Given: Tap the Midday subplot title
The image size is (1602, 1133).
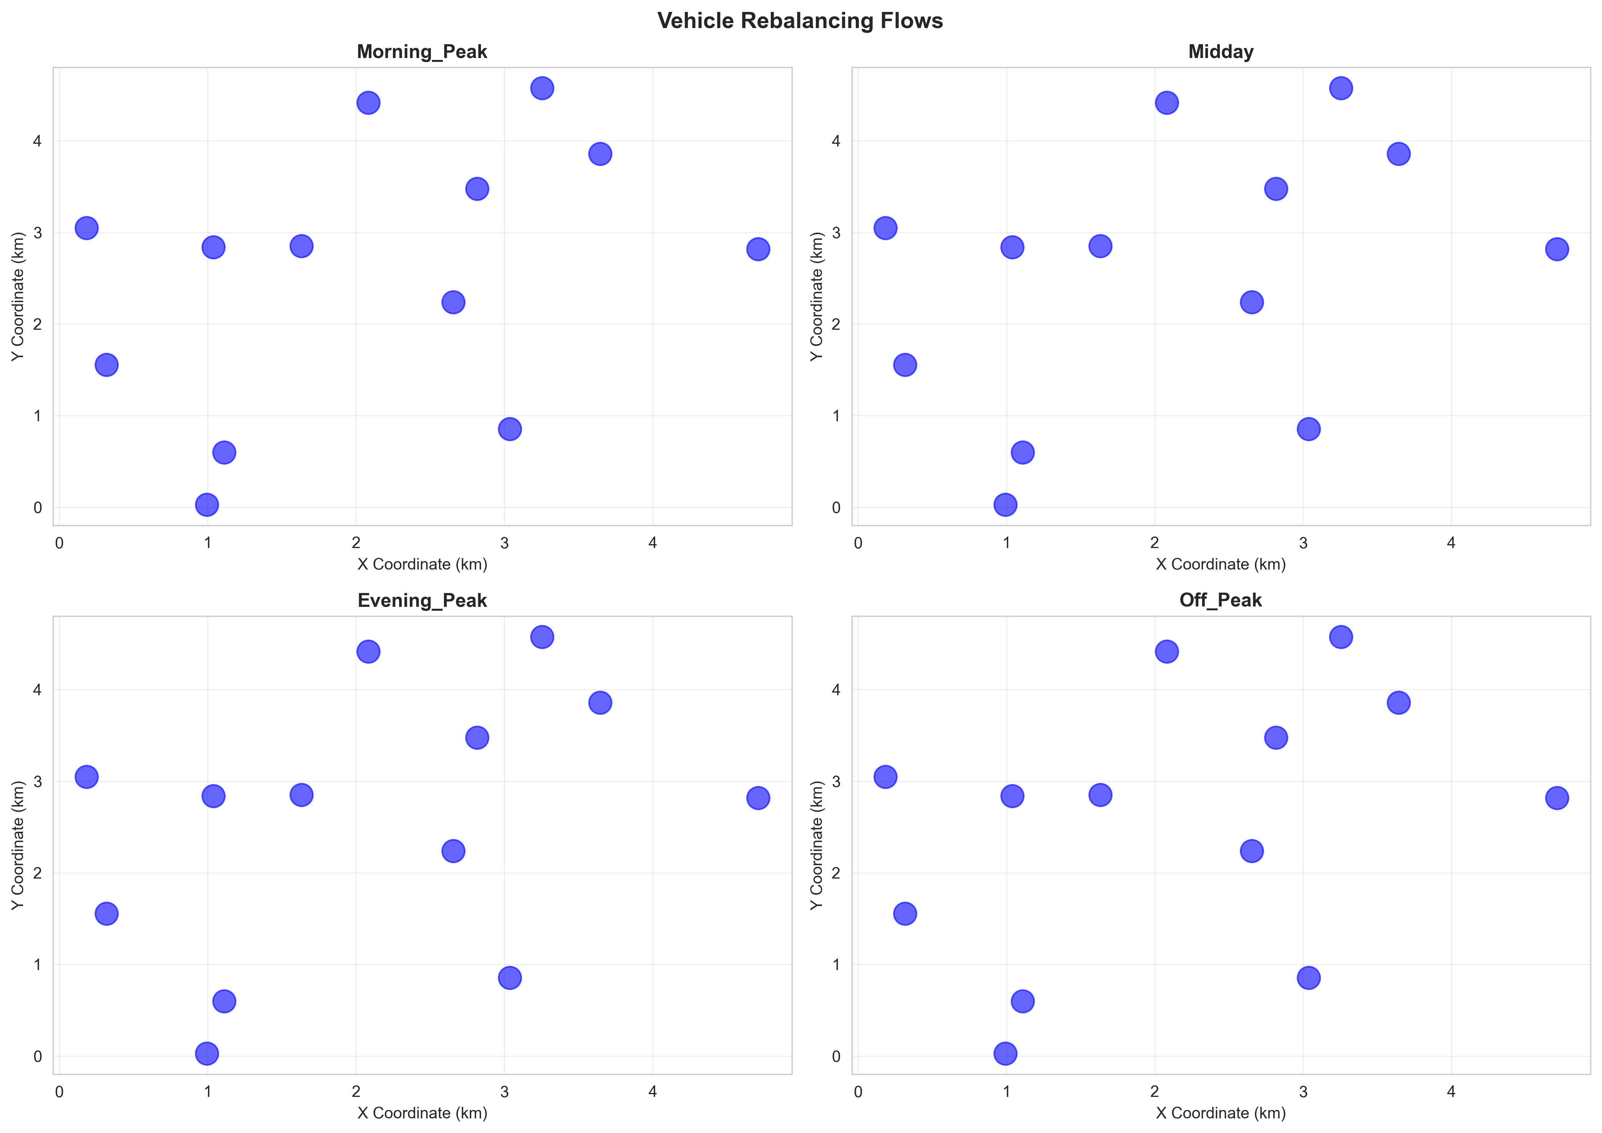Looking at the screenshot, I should [x=1220, y=52].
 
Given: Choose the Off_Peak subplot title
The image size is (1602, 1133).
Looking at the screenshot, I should [x=1220, y=601].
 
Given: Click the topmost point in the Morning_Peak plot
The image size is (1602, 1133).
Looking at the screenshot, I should [x=542, y=89].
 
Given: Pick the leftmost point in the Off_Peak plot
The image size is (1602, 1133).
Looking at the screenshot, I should [x=885, y=776].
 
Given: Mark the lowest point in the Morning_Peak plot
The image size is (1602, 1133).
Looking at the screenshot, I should [x=206, y=504].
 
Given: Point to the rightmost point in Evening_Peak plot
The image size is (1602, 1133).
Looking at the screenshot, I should [x=758, y=797].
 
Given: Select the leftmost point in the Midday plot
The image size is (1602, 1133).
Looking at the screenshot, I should [x=885, y=228].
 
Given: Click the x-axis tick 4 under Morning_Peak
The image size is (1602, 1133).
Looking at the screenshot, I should [x=652, y=543].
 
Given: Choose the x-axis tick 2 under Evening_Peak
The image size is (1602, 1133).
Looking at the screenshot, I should [x=356, y=1092].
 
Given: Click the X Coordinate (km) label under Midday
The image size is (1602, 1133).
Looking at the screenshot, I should [x=1220, y=565].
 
